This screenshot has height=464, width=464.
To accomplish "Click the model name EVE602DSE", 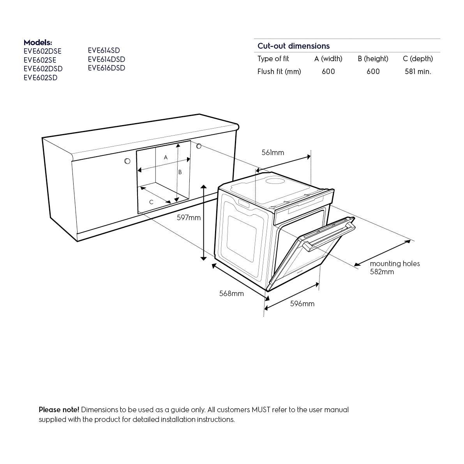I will click(x=42, y=51).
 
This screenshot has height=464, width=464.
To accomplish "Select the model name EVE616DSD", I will click(x=106, y=68).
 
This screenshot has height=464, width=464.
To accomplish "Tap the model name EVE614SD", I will click(x=104, y=51).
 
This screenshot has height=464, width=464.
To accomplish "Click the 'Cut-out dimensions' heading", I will click(x=293, y=46).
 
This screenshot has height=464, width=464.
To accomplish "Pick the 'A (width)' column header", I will click(x=328, y=59).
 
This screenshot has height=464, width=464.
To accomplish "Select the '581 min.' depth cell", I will click(x=418, y=72).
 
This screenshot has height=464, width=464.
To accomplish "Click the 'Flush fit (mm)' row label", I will click(x=279, y=72).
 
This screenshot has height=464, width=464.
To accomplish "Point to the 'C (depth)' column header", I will click(x=418, y=59).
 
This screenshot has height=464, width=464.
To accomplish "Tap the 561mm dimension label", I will click(x=273, y=153).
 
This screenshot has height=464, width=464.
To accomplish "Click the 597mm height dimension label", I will click(x=189, y=218).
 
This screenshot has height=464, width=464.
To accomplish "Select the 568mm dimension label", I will click(x=231, y=294).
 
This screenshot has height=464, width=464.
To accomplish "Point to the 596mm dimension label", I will click(x=302, y=304).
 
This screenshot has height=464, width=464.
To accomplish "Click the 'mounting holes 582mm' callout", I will click(x=394, y=268).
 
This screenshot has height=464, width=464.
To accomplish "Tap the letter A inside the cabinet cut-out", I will click(x=166, y=158).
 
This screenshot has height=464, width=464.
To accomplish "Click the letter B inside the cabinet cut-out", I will click(x=180, y=172).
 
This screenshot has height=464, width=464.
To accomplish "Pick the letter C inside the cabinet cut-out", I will click(x=151, y=202).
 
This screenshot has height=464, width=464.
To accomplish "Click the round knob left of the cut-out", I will click(x=127, y=161).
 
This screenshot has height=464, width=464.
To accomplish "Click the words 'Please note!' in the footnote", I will click(x=59, y=410).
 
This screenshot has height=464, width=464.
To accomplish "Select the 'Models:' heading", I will click(x=38, y=42).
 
